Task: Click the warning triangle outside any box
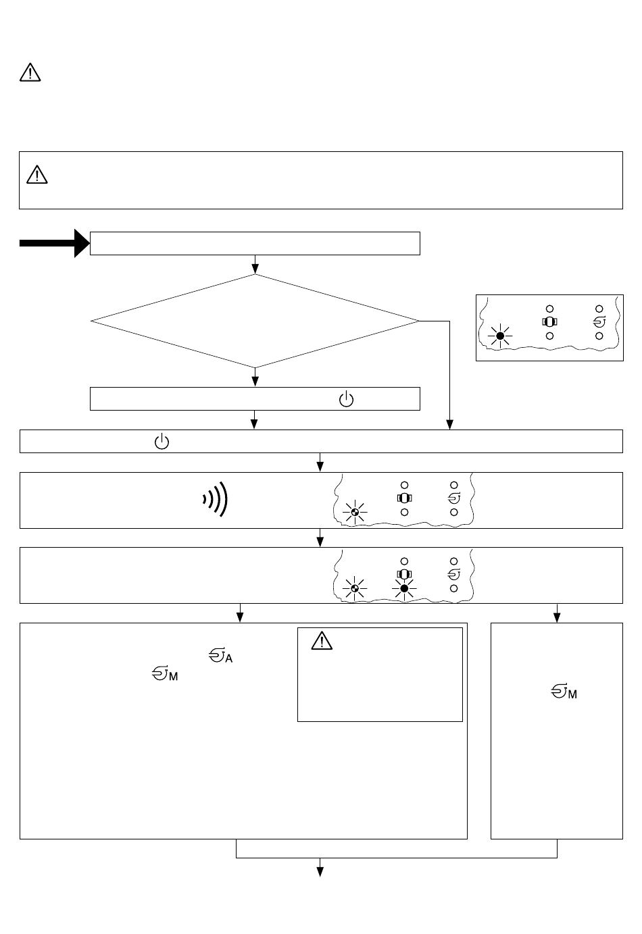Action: tap(30, 72)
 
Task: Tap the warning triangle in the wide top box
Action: tap(36, 175)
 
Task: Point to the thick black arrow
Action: tap(54, 243)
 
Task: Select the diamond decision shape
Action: tap(255, 321)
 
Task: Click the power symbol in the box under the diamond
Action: tap(346, 399)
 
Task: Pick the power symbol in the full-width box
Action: tap(162, 442)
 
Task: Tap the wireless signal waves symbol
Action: tap(216, 499)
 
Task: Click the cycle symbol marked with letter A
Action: tap(221, 656)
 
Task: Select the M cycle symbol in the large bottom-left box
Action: tap(165, 674)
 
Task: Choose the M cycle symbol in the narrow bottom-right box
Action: tap(564, 692)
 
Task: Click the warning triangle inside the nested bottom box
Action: tap(322, 641)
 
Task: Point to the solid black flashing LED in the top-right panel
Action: tap(500, 336)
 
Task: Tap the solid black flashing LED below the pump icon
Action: tap(404, 588)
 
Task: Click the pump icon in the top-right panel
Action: tap(550, 322)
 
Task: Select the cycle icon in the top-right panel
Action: tap(599, 322)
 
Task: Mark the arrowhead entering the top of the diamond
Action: tap(255, 269)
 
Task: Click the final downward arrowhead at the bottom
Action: tap(320, 872)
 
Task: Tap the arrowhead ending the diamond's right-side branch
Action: tap(449, 425)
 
